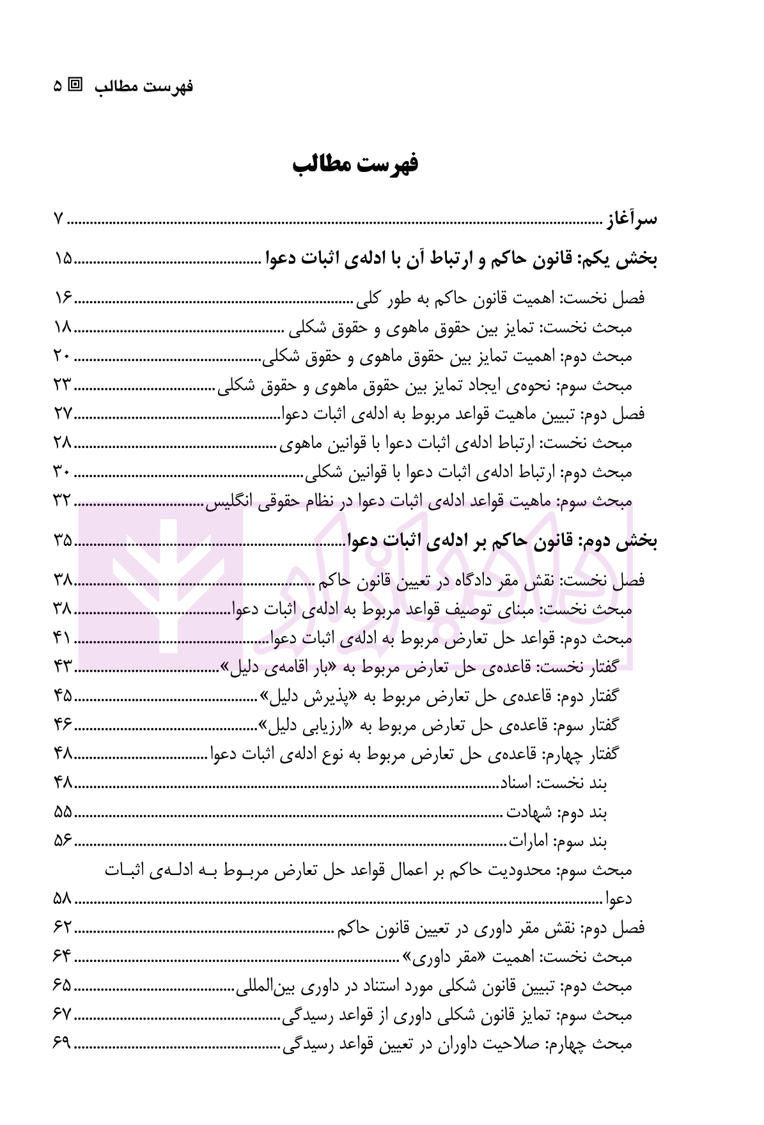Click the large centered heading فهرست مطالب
pyautogui.click(x=355, y=164)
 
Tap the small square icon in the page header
pyautogui.click(x=76, y=84)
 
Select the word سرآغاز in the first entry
pyautogui.click(x=631, y=219)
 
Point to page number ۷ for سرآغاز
pyautogui.click(x=58, y=219)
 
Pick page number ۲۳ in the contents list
pyautogui.click(x=63, y=385)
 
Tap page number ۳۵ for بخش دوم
pyautogui.click(x=63, y=541)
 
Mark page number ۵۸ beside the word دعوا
pyautogui.click(x=63, y=899)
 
